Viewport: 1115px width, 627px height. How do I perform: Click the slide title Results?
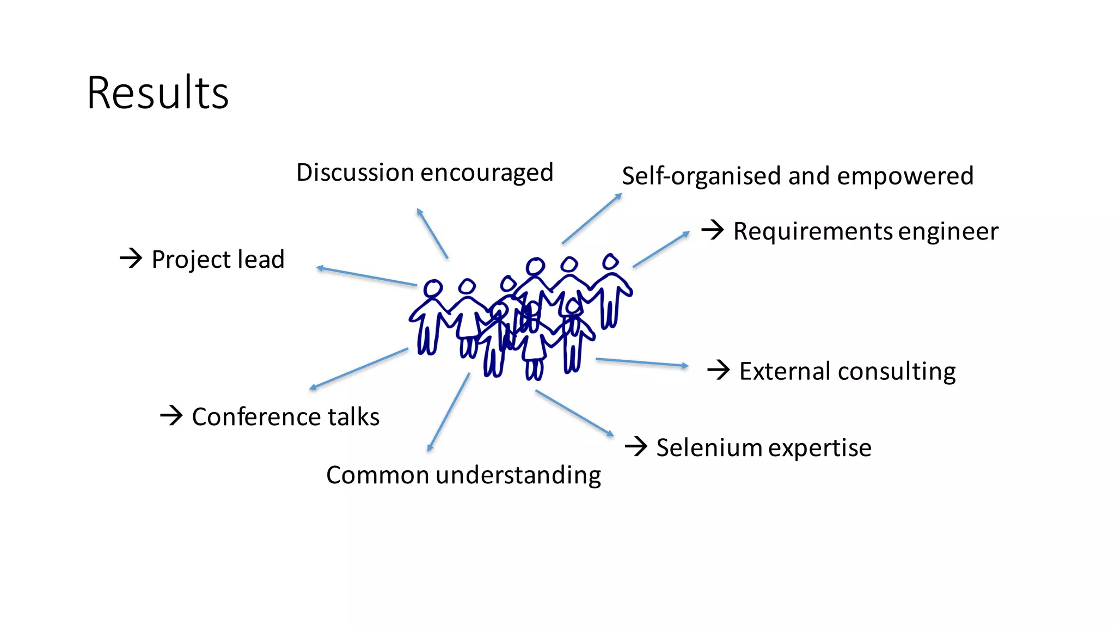157,93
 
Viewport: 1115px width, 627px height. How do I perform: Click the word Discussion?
354,173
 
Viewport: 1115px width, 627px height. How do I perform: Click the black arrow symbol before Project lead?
131,258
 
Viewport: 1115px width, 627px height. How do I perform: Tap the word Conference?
256,417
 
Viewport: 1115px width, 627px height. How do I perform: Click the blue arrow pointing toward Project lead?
366,276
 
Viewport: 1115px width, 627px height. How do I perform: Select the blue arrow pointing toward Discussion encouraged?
432,233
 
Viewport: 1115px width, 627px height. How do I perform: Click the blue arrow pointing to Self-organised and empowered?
592,218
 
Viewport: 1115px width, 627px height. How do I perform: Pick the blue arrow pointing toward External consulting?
642,362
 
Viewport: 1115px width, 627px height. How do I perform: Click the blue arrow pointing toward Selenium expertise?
574,413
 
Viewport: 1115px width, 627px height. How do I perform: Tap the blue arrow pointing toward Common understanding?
449,412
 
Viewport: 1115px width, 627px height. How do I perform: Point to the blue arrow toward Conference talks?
358,369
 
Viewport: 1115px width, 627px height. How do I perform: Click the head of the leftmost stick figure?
433,288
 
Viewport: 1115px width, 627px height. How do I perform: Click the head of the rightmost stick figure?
610,262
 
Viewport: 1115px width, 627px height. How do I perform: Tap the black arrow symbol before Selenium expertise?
636,447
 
